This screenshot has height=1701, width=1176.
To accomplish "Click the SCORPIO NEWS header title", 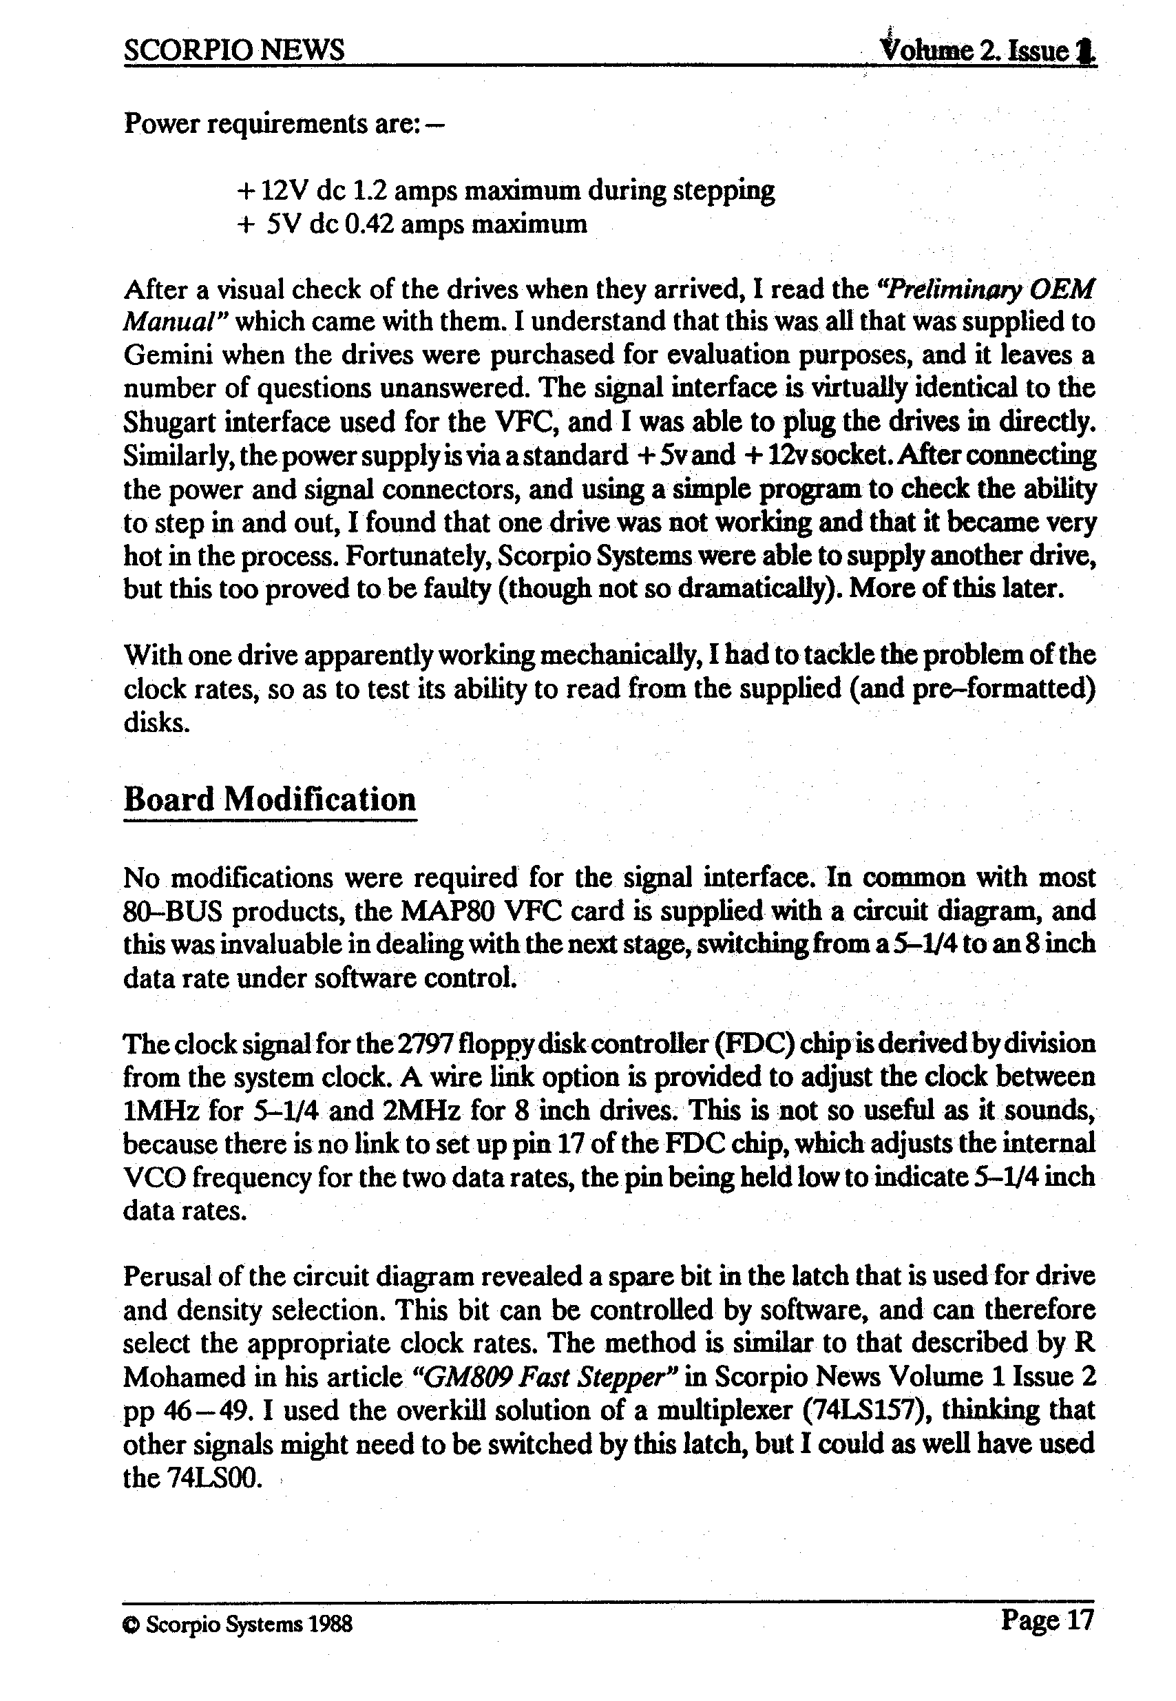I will [233, 50].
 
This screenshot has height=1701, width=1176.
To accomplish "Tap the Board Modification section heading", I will [270, 799].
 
